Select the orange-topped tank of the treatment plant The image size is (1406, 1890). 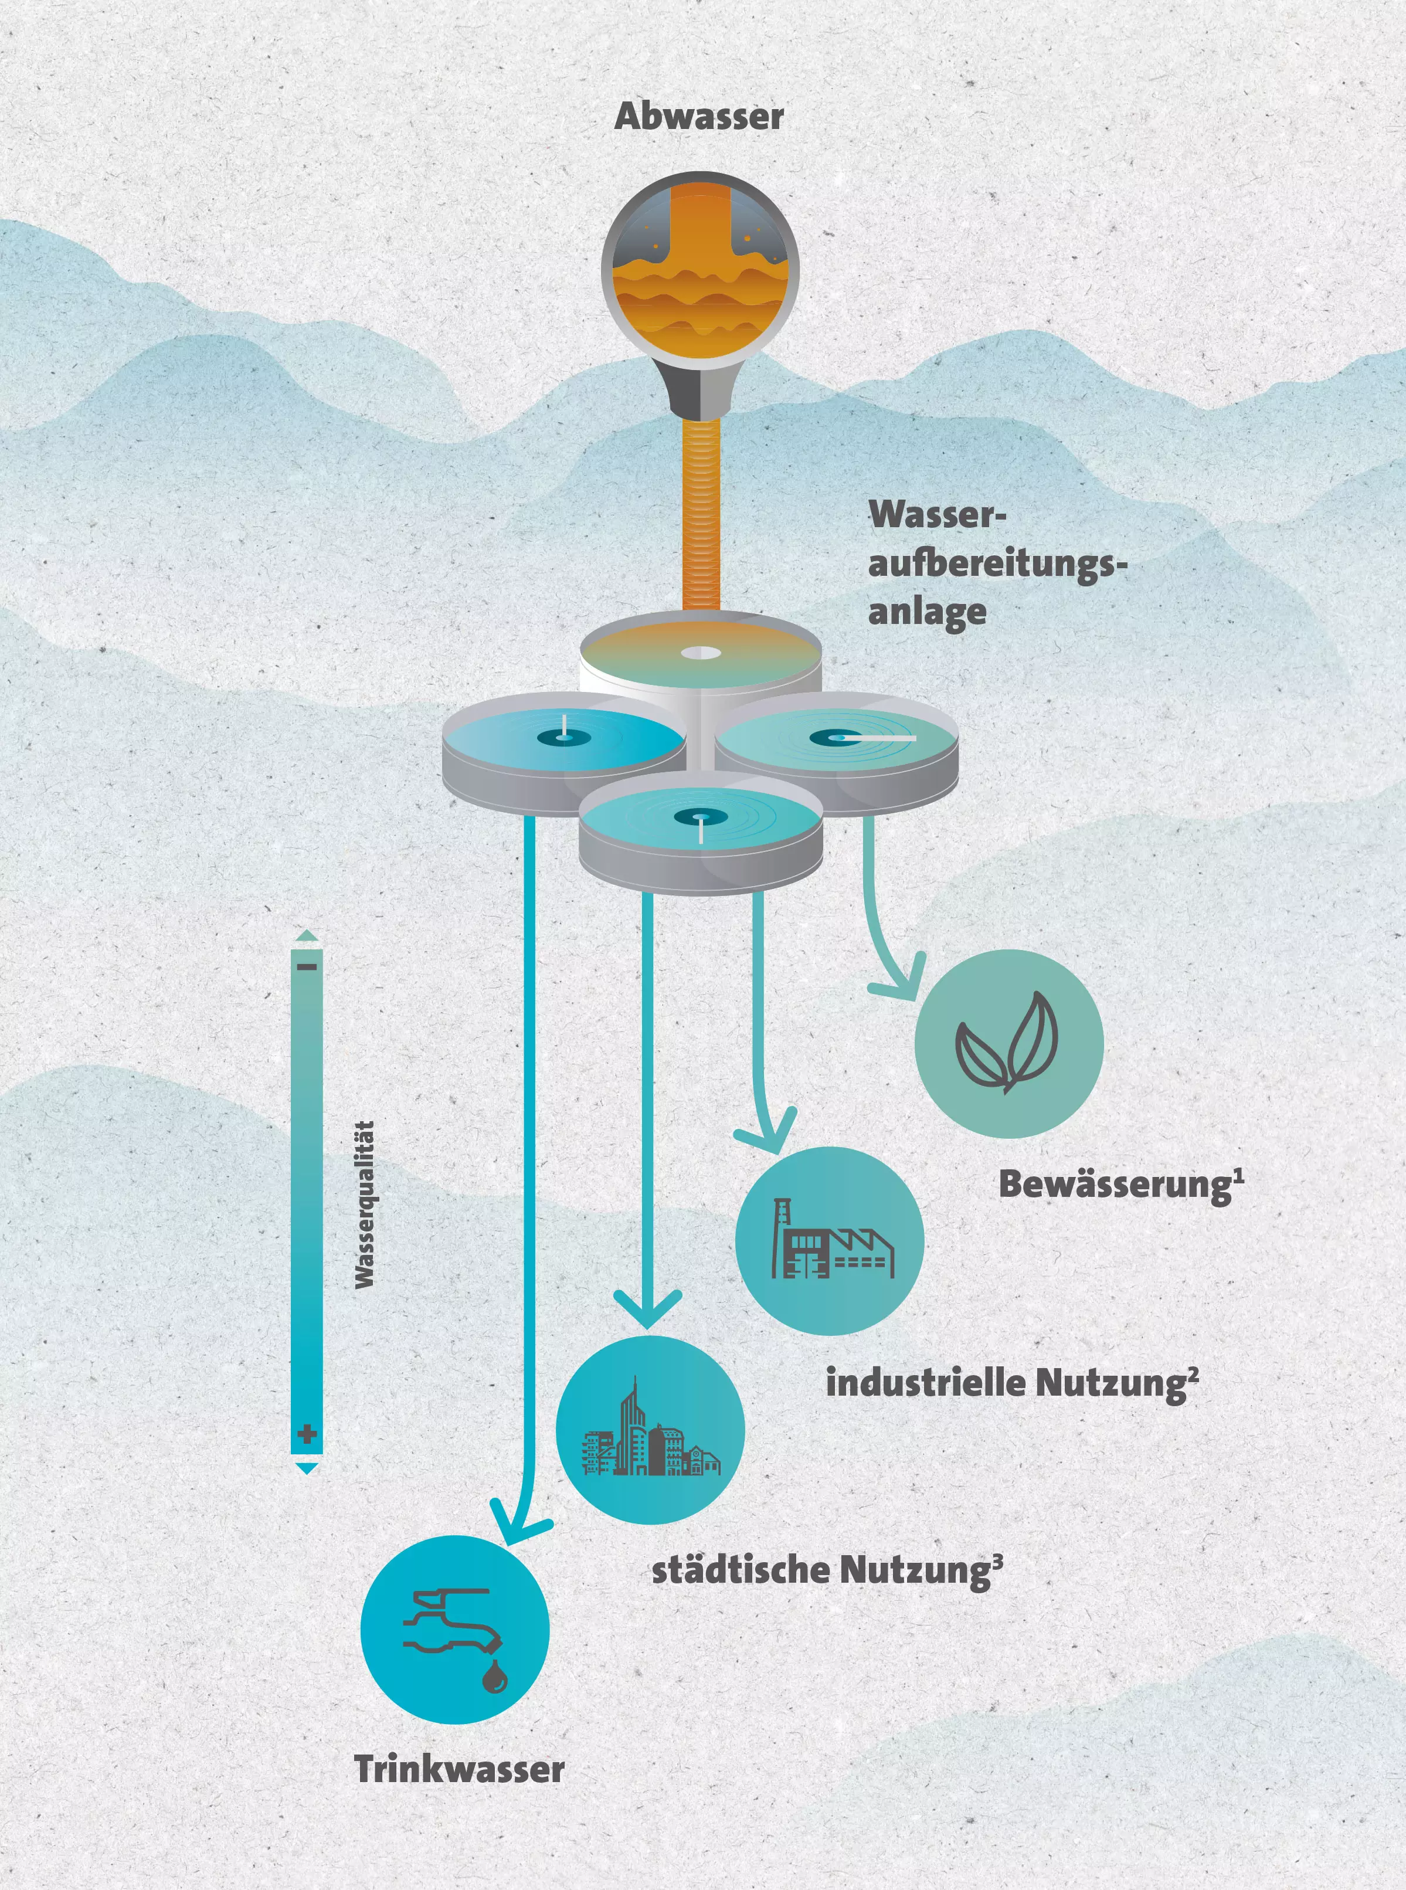(701, 655)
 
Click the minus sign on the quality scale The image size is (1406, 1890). (307, 967)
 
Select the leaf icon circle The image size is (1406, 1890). (1008, 1043)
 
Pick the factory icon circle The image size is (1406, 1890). (829, 1240)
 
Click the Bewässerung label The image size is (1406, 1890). (1120, 1184)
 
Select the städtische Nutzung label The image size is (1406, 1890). (826, 1569)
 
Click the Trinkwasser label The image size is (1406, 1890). (460, 1769)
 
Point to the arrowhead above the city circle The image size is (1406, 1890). (648, 1311)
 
